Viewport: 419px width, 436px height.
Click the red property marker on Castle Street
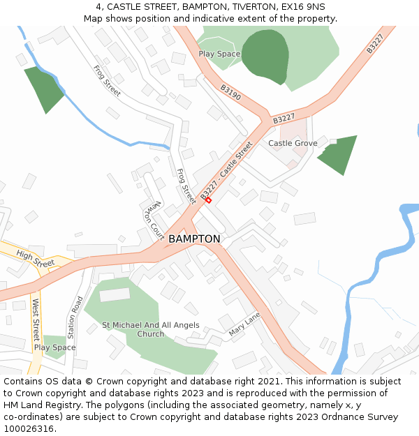point(208,200)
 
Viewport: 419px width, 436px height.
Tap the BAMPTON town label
point(194,239)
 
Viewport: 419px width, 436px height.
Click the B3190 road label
point(230,93)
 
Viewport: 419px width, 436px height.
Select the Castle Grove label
point(293,144)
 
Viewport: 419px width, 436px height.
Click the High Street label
point(35,259)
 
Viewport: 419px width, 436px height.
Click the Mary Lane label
point(244,324)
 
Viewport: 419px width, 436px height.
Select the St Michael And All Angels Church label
point(150,329)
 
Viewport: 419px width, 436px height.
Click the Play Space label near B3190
point(219,54)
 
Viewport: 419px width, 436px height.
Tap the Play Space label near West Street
point(54,347)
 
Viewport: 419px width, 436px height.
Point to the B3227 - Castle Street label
point(226,172)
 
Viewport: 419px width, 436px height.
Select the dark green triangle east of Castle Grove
point(339,154)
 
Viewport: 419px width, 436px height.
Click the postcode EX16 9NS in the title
point(300,7)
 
